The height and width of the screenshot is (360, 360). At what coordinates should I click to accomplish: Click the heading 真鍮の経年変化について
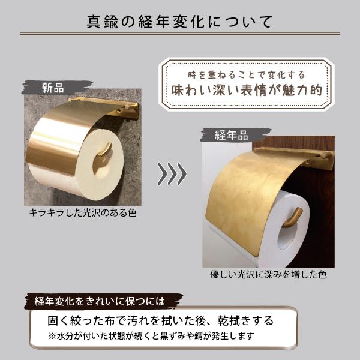180,22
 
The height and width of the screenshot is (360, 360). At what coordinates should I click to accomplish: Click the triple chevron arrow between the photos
172,174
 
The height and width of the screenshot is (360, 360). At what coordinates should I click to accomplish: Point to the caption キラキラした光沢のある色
83,213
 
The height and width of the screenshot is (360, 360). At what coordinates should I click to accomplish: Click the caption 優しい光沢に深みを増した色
268,274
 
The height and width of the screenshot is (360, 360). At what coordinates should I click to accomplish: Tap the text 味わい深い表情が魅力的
247,90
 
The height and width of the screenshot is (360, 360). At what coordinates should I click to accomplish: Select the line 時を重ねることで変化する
247,75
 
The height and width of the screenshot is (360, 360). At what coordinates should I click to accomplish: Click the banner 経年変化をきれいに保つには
100,301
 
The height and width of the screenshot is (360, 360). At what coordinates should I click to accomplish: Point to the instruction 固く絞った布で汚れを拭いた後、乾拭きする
161,320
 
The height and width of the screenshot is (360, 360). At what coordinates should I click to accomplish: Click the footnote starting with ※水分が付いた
152,336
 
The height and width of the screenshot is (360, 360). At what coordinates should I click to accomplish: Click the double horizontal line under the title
180,34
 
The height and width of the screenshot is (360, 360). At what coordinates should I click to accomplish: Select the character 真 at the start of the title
94,22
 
